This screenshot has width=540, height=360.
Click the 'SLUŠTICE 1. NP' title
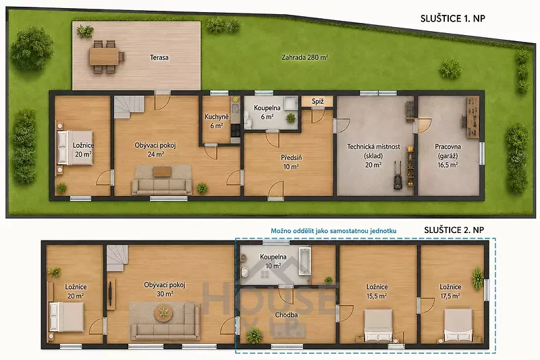pyautogui.click(x=452, y=18)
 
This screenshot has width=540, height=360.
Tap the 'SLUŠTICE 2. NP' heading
pyautogui.click(x=454, y=230)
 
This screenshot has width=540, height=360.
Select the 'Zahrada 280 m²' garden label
pyautogui.click(x=304, y=57)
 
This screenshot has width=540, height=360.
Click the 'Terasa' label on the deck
pyautogui.click(x=159, y=57)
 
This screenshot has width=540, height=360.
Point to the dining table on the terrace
pyautogui.click(x=104, y=56)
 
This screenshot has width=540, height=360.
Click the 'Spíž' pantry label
pyautogui.click(x=317, y=101)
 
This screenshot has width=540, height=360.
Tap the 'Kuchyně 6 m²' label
pyautogui.click(x=216, y=122)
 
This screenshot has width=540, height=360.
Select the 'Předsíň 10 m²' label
pyautogui.click(x=292, y=162)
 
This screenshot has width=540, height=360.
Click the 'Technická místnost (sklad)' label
pyautogui.click(x=374, y=151)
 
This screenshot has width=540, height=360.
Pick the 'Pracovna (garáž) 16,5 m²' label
pyautogui.click(x=448, y=156)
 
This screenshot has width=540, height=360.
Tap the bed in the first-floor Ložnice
pyautogui.click(x=75, y=147)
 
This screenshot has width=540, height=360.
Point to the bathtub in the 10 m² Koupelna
pyautogui.click(x=304, y=261)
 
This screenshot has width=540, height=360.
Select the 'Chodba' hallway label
pyautogui.click(x=286, y=315)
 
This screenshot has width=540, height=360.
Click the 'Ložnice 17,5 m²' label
pyautogui.click(x=450, y=292)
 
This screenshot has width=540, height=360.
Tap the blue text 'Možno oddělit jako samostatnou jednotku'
pyautogui.click(x=333, y=231)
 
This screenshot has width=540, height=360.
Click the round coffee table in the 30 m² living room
pyautogui.click(x=163, y=313)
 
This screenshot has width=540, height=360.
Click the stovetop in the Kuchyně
pyautogui.click(x=236, y=130)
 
